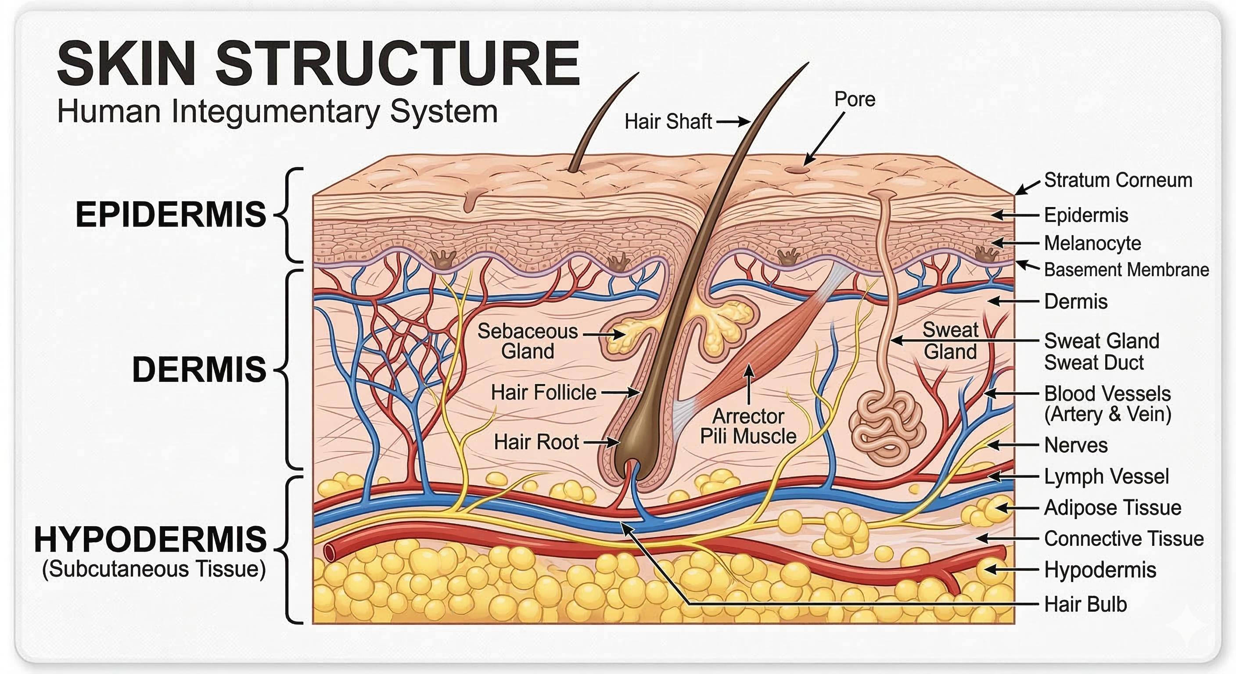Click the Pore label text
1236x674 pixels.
[855, 99]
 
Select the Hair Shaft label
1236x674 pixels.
[668, 122]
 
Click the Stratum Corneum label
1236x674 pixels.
[1118, 180]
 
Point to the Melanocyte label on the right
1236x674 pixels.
[1092, 243]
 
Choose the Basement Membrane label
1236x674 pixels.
[1126, 269]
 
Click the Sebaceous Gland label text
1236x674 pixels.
[527, 341]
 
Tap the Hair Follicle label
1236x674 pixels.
[543, 392]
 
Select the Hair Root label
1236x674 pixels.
[536, 442]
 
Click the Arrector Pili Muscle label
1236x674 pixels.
[748, 426]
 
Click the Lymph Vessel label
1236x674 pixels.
[1107, 477]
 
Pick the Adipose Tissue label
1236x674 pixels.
[1113, 508]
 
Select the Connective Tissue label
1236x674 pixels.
[1124, 539]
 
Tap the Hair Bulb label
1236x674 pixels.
[1085, 604]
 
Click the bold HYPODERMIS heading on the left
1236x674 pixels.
[150, 539]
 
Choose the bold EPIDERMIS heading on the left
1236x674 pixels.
[170, 214]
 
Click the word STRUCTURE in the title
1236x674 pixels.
[397, 63]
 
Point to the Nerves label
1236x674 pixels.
[1076, 445]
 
